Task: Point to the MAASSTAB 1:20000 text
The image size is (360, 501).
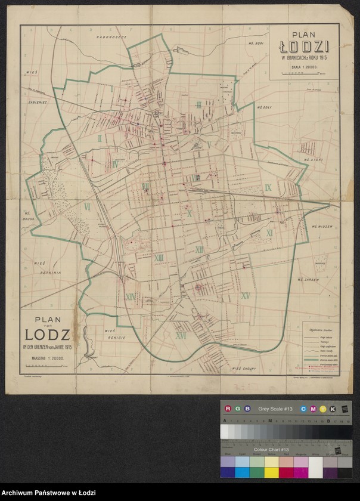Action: pyautogui.click(x=47, y=357)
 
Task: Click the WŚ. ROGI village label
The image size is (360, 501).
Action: pyautogui.click(x=255, y=44)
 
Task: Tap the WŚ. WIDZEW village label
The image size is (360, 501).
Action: pyautogui.click(x=322, y=227)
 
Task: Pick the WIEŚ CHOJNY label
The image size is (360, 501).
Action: pyautogui.click(x=244, y=369)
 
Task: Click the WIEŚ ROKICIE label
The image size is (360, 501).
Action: pyautogui.click(x=114, y=333)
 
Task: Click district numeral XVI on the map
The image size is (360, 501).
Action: pyautogui.click(x=181, y=336)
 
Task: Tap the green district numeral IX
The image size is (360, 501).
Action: pyautogui.click(x=268, y=188)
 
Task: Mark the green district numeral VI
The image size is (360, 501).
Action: pyautogui.click(x=87, y=207)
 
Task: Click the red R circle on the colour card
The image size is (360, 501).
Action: pyautogui.click(x=227, y=409)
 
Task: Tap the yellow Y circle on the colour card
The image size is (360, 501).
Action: pyautogui.click(x=324, y=409)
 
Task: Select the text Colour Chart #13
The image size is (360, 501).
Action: pyautogui.click(x=271, y=449)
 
